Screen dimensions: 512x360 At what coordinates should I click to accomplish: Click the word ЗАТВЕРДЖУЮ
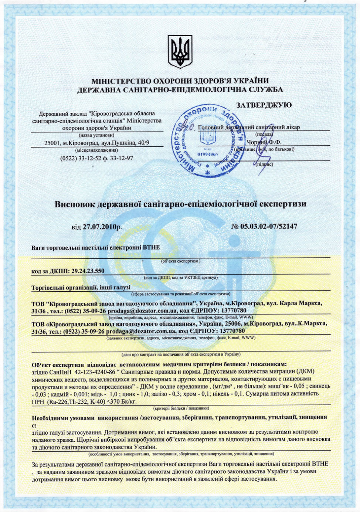point(264,105)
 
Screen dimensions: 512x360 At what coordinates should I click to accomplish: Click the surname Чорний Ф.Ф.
point(264,142)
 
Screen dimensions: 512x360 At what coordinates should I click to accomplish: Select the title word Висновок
point(75,204)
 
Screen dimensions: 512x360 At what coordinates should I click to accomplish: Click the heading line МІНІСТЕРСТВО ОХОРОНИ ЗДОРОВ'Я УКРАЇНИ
point(180,81)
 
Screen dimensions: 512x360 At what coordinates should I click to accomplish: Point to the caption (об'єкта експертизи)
point(181,261)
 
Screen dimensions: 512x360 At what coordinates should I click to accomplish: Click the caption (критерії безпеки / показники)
point(181,408)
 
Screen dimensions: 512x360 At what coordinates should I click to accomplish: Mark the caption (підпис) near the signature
point(264,164)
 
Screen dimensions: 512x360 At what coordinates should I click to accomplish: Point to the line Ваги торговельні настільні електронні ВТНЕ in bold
point(96,247)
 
